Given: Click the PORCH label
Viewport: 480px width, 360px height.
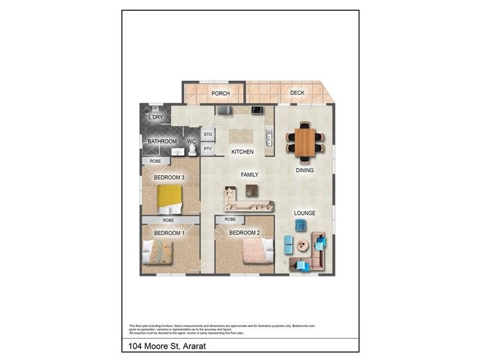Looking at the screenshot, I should (x=220, y=93).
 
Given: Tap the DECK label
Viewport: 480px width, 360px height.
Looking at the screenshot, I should (x=298, y=92).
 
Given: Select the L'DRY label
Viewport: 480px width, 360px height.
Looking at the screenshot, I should (x=155, y=117).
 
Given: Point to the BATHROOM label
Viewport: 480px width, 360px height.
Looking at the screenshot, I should (x=162, y=142).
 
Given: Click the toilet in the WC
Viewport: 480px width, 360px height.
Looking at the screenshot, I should (x=192, y=150).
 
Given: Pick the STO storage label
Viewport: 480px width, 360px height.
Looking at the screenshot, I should (x=208, y=134).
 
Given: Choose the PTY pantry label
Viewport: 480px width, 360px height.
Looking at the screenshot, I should (x=208, y=149).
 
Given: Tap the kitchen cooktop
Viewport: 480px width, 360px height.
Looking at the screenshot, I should (x=257, y=110).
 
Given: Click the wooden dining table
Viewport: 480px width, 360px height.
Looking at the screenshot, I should (x=305, y=143).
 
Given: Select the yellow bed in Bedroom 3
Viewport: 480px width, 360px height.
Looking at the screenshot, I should (x=169, y=199).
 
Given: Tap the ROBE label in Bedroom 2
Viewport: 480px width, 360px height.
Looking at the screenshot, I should (x=230, y=220).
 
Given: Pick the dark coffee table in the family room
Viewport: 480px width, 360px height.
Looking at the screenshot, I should (x=252, y=190).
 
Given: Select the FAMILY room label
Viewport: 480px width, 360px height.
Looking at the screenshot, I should (x=250, y=175).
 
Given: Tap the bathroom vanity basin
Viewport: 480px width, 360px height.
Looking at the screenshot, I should (x=177, y=152).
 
